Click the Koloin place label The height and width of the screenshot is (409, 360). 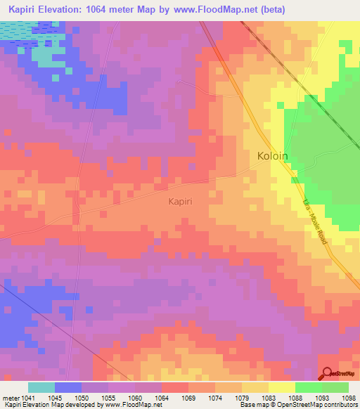(x=273, y=156)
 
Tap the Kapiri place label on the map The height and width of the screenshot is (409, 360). (x=180, y=201)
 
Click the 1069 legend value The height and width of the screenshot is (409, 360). (x=188, y=397)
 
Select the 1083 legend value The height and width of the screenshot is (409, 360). (x=268, y=397)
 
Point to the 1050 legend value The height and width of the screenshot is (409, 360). (x=82, y=397)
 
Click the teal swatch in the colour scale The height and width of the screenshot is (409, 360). (x=41, y=387)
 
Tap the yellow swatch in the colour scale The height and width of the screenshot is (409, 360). (x=281, y=387)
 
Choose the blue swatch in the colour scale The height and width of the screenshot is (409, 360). (x=68, y=387)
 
